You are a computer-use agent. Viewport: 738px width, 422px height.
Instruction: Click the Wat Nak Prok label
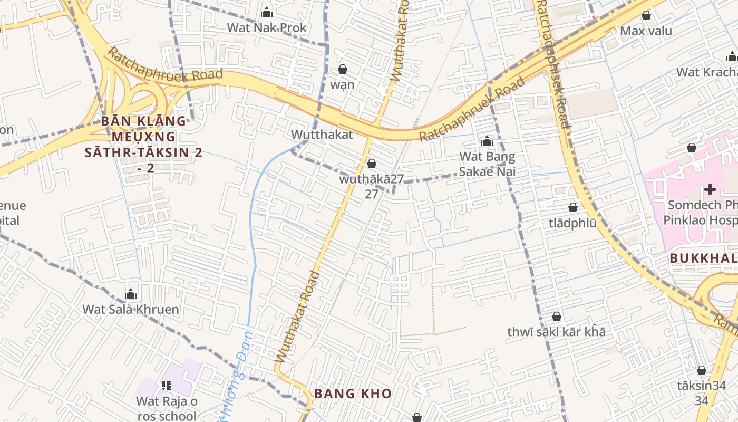click(267, 27)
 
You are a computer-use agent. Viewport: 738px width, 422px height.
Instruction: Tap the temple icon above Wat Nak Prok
click(267, 12)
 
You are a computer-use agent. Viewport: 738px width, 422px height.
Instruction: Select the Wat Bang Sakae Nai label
click(487, 164)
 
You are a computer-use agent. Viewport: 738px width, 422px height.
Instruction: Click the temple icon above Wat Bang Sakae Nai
click(487, 141)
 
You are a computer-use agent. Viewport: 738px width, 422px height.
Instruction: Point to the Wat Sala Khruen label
click(131, 309)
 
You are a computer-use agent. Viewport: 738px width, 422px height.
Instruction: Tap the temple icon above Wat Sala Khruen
click(131, 294)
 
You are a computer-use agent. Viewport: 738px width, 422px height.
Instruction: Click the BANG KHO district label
click(353, 394)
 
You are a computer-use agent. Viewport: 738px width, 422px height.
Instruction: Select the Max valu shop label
click(646, 31)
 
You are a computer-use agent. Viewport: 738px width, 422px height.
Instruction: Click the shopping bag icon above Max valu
click(646, 15)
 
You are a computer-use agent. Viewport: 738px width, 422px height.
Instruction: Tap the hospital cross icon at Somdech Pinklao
click(710, 189)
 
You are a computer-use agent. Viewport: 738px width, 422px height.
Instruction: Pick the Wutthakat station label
click(322, 135)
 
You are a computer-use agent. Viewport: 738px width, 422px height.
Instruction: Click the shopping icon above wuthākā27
click(372, 164)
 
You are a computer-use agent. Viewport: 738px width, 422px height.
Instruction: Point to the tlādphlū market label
click(572, 223)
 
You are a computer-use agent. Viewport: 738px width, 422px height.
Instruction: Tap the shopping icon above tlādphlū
click(572, 208)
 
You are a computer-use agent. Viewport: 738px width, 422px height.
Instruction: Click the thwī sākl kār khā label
click(556, 332)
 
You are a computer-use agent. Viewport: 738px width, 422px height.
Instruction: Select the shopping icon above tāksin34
click(701, 370)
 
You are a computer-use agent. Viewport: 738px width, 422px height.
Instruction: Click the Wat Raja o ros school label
click(167, 408)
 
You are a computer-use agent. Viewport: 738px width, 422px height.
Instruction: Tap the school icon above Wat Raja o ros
click(167, 386)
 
